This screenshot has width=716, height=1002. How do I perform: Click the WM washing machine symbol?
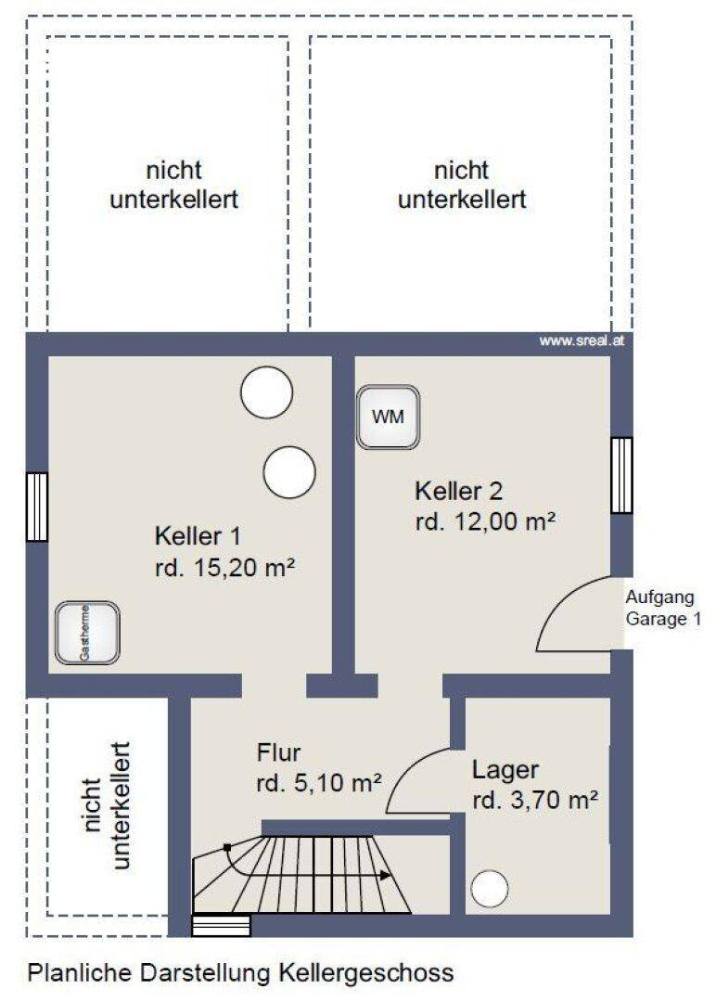pos(389,417)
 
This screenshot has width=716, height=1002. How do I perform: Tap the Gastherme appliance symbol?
pos(87,633)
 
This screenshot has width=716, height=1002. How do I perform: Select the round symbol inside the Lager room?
pos(490,888)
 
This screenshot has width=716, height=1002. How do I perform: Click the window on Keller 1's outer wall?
pos(37,507)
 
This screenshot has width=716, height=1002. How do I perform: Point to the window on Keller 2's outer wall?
pos(621,475)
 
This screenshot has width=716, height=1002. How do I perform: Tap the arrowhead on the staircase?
pos(385,875)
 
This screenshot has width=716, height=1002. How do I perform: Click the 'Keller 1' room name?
pos(198,535)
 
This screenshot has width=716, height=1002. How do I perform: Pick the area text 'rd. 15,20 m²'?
pos(224,567)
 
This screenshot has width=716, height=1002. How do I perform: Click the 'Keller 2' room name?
pos(458,491)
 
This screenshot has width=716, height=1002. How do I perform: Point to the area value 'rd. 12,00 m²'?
pos(485,521)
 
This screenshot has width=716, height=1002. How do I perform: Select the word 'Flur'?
pos(278,752)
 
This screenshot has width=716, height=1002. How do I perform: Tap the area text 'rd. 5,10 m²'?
pos(319,783)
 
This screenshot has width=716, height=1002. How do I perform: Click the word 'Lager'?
pos(505,771)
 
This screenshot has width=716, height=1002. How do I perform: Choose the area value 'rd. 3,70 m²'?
pos(535,800)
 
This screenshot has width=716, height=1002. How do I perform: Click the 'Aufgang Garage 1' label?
pos(663,608)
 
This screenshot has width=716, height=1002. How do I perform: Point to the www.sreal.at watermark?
pos(582,340)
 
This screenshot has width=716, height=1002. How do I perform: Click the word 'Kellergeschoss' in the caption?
pos(366,972)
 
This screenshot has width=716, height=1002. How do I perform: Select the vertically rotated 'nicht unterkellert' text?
pos(107,805)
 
